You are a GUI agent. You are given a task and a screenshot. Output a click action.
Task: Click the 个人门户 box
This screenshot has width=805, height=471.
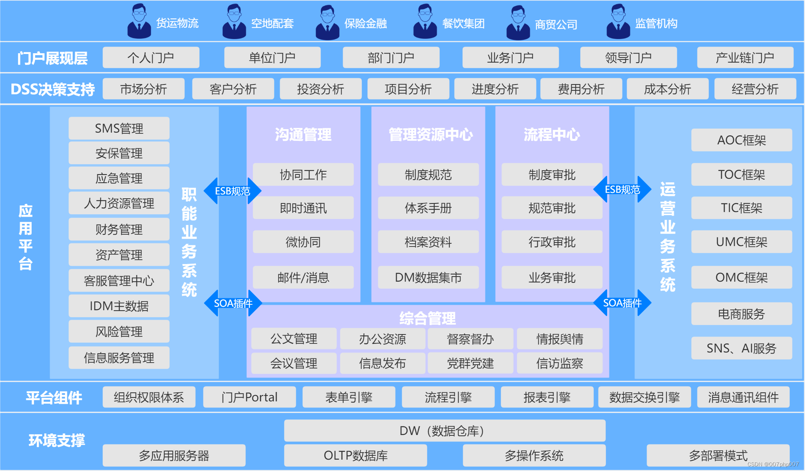[151, 58]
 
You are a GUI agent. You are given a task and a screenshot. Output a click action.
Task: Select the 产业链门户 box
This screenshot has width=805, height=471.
[745, 58]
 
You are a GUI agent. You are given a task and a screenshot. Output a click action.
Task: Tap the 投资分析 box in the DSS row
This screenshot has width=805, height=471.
[320, 89]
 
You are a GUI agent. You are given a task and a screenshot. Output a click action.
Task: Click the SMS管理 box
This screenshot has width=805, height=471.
[119, 128]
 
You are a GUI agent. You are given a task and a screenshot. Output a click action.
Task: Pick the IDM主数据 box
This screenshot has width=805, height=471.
[119, 306]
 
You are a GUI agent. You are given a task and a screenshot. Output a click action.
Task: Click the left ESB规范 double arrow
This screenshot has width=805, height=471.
[232, 191]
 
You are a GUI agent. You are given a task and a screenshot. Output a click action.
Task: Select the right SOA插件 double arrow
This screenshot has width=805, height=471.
[622, 303]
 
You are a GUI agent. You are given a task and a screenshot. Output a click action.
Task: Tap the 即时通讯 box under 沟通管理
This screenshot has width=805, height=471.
[303, 208]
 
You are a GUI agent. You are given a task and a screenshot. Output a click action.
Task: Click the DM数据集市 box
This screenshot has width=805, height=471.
[428, 277]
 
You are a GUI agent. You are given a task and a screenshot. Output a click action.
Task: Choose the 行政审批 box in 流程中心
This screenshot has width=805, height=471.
[552, 242]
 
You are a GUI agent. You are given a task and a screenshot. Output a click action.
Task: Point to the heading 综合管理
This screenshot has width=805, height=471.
[427, 318]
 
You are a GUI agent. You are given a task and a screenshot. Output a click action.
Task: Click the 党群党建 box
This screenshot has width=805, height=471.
[470, 363]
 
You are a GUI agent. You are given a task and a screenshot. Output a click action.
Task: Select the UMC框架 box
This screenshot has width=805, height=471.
[741, 242]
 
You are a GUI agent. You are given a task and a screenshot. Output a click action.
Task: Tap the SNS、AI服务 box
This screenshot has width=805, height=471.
[741, 348]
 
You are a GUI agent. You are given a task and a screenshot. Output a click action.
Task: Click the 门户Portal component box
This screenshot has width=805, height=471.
[249, 397]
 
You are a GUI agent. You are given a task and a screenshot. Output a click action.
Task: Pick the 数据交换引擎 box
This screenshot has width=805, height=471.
[644, 397]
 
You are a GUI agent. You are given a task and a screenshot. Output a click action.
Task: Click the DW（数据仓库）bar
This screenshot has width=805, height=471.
[444, 431]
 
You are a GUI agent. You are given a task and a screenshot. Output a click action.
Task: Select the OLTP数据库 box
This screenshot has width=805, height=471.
[355, 455]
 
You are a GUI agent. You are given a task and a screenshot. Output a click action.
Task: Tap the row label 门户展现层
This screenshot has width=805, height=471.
[52, 58]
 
